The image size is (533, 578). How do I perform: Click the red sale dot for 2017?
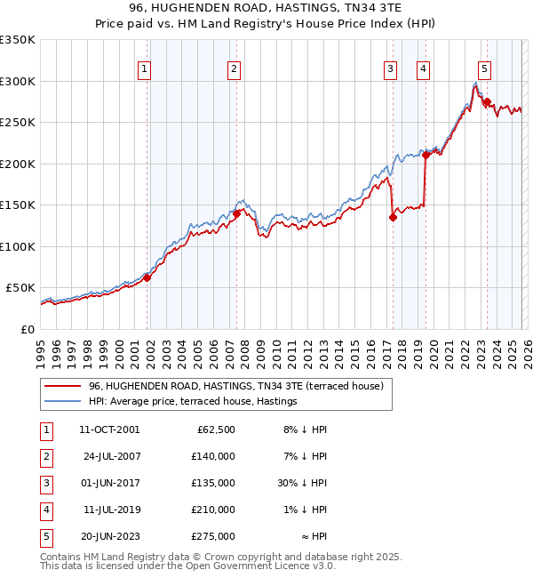click(393, 216)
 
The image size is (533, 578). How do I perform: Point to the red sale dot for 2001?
click(147, 277)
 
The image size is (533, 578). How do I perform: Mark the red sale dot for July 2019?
click(426, 155)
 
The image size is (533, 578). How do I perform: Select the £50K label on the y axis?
click(20, 288)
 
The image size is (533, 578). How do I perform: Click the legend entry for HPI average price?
click(192, 401)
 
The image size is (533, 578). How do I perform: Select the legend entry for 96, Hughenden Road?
click(235, 386)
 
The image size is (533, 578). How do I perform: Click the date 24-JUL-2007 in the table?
click(111, 455)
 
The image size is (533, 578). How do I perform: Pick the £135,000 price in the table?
click(214, 483)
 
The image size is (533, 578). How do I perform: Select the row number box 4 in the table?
click(44, 510)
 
